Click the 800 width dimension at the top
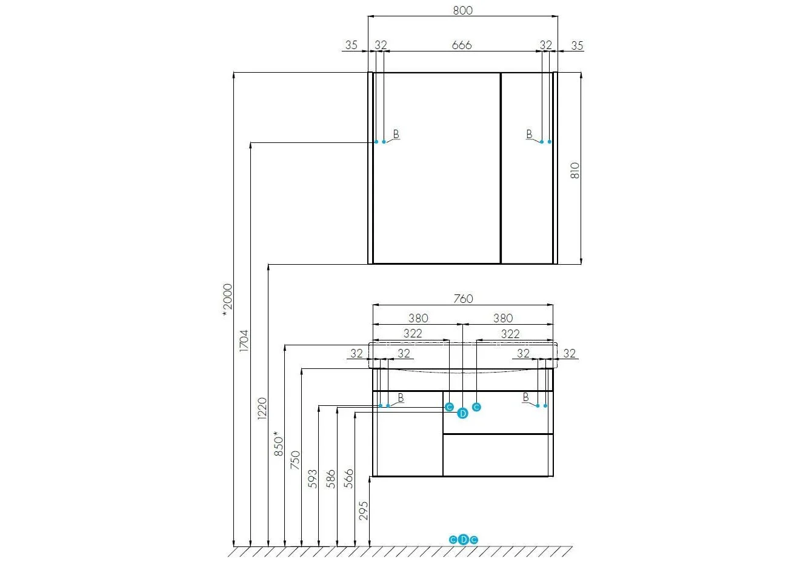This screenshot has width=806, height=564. pos(462,10)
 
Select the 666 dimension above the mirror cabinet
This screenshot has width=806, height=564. pos(462,45)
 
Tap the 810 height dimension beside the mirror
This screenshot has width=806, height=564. pos(575,170)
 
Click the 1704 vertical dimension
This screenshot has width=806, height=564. pos(244,340)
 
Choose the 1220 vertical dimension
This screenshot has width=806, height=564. pos(262,408)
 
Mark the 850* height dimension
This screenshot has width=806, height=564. pos(279,444)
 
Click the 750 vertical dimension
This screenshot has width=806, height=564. pos(295,460)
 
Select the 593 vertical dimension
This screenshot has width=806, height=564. pos(313,479)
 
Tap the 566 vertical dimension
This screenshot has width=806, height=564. pos(348,479)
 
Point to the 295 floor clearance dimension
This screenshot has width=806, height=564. pos(364,511)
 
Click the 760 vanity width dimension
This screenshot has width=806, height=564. pos(463,299)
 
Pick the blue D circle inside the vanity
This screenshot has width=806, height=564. pos(462,414)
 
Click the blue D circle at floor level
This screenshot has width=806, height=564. pos(464,540)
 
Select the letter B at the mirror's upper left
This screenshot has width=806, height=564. pos(396,134)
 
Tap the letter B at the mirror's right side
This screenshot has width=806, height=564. pos(529,134)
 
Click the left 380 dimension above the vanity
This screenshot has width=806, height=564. pos(418,318)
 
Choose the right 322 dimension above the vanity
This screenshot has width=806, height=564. pos(510,334)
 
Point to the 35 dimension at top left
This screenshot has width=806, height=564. pos(351,45)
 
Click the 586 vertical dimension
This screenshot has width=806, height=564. pos(331,479)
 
